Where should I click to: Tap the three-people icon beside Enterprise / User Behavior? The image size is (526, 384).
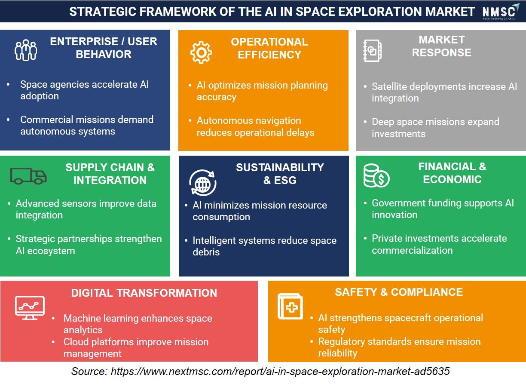click(x=26, y=50)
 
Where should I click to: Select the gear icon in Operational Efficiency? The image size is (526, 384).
click(x=201, y=52)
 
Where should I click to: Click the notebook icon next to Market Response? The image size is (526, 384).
click(x=372, y=51)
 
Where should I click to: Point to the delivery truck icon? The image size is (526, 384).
click(x=28, y=176)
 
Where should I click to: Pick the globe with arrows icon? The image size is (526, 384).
click(x=203, y=183)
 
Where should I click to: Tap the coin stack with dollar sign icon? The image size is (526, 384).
click(x=376, y=176)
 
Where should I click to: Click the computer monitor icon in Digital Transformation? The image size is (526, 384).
click(x=30, y=308)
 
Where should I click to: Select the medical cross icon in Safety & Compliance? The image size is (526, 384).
click(x=290, y=307)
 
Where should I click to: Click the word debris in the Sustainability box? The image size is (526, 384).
click(x=206, y=252)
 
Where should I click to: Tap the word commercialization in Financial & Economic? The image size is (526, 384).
click(x=412, y=251)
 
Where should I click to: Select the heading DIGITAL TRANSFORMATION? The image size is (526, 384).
click(x=144, y=293)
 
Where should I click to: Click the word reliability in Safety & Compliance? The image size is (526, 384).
click(x=337, y=353)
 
